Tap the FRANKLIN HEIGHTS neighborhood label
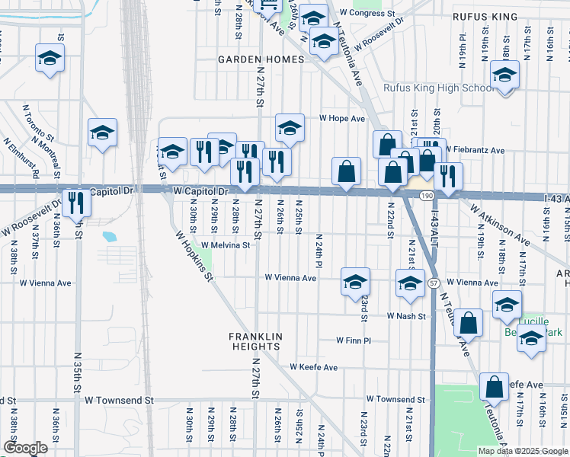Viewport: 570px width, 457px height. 256,341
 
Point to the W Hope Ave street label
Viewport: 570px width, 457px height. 342,119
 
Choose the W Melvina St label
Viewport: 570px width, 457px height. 226,245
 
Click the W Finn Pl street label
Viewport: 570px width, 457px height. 354,340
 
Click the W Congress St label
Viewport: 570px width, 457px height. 368,14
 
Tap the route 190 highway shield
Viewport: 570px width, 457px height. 425,197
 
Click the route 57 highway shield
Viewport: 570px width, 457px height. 434,283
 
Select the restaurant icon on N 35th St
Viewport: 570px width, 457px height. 75,203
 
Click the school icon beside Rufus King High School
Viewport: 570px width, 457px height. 504,76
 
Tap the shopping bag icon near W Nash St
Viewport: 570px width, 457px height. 469,323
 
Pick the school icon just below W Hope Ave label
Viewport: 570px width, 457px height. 290,129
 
